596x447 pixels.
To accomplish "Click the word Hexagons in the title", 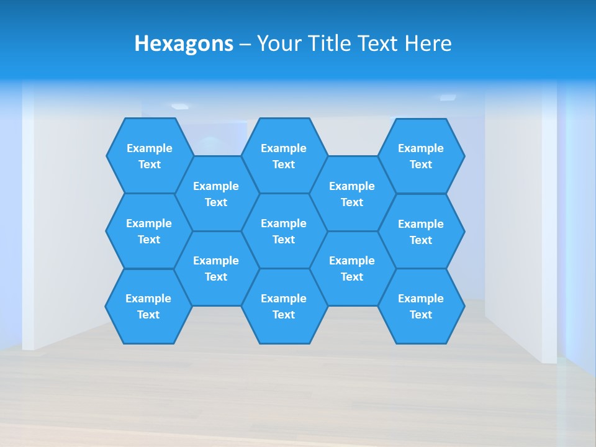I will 184,44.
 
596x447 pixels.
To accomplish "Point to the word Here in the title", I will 428,44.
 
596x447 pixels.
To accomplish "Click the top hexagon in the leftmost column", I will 150,156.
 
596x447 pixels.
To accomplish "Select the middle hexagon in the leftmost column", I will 149,231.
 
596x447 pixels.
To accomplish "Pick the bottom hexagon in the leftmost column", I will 148,306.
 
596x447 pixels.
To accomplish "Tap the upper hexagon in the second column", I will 216,194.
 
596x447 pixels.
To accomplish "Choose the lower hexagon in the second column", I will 216,268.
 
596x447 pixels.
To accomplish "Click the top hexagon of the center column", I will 284,156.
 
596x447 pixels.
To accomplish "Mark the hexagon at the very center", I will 284,231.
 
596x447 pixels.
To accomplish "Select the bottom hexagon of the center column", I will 284,306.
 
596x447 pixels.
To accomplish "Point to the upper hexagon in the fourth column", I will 352,194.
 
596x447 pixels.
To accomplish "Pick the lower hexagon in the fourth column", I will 352,268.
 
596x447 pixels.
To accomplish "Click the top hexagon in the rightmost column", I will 421,156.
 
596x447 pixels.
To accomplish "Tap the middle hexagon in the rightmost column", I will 421,232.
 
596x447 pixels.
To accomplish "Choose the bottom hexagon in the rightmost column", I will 421,306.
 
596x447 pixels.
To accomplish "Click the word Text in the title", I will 377,44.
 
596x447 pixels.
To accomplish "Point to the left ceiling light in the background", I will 179,106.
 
